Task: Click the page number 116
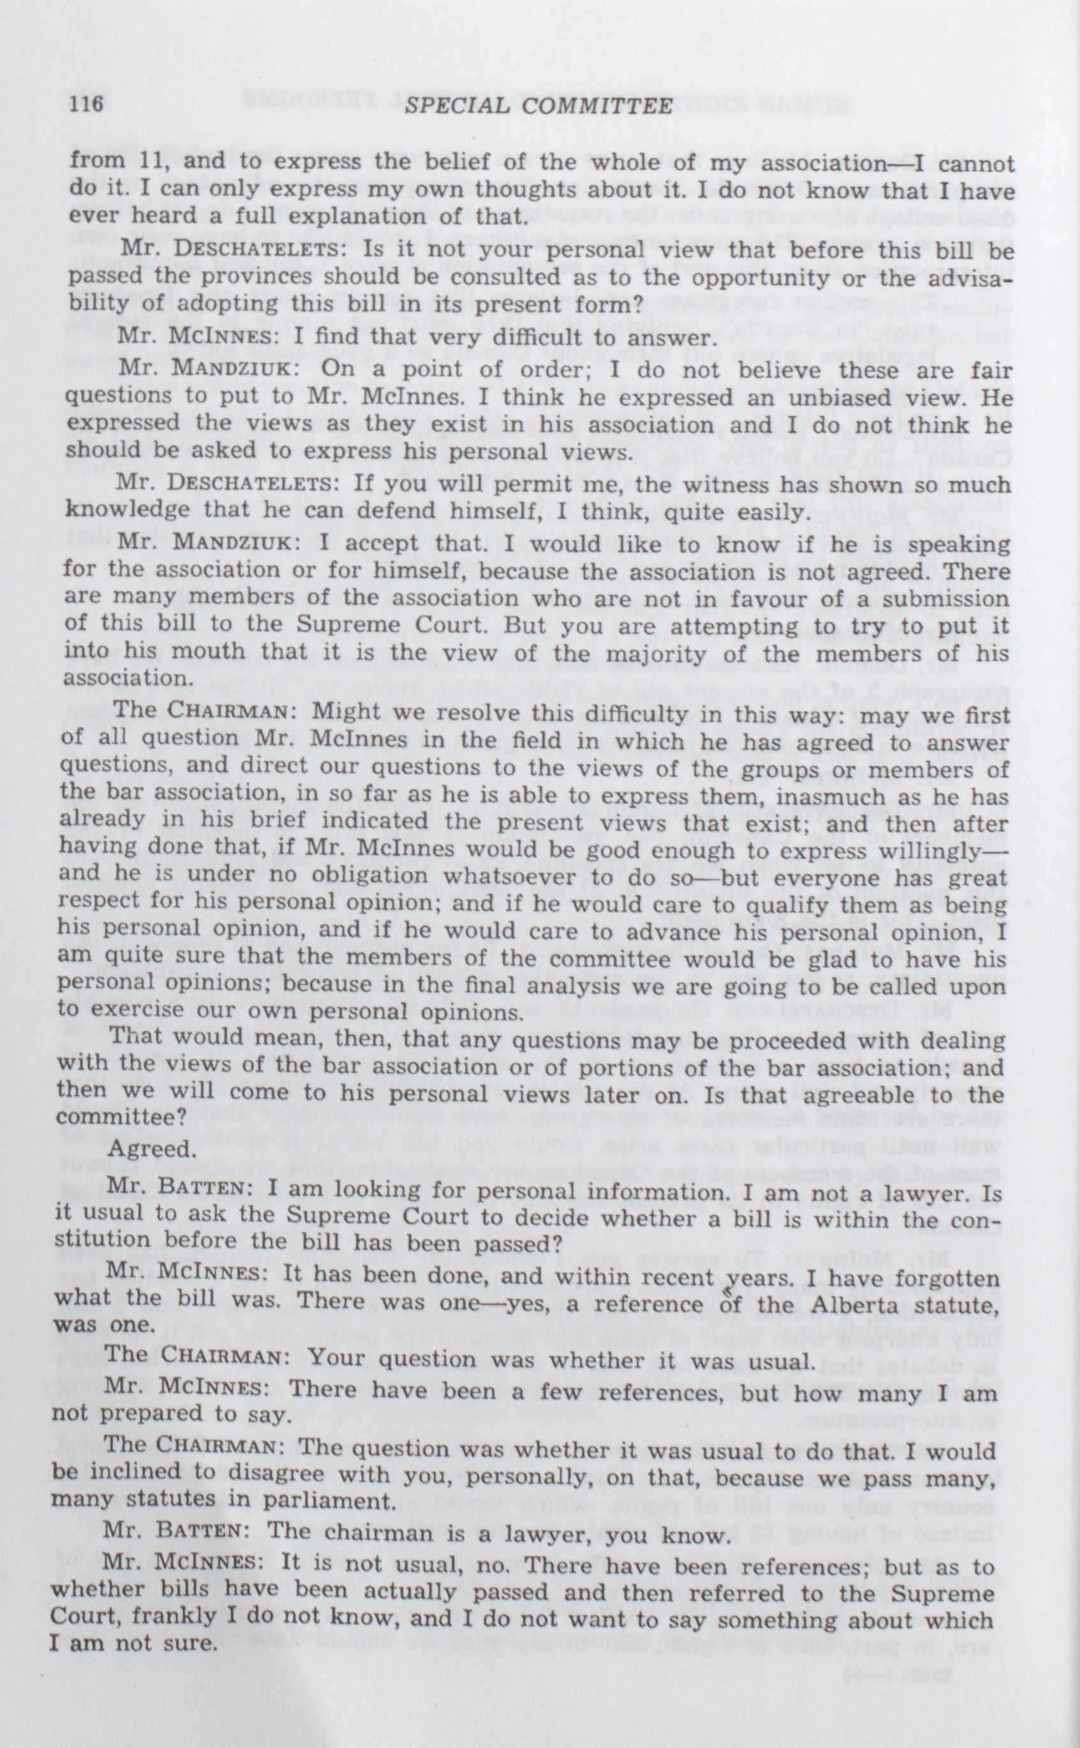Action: click(87, 105)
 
